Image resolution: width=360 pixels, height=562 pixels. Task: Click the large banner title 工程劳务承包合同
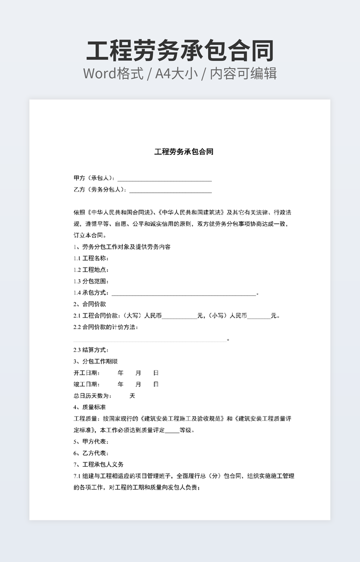click(180, 51)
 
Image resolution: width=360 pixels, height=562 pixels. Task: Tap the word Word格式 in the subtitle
click(113, 73)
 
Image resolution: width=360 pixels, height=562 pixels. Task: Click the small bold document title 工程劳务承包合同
click(184, 152)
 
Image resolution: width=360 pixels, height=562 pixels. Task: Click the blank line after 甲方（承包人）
click(165, 179)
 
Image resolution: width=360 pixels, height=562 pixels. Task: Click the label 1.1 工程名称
click(91, 258)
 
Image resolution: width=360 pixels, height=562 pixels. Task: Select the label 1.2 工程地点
click(91, 270)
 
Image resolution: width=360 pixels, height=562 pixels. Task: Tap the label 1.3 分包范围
click(91, 281)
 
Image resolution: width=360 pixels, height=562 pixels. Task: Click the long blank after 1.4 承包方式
click(184, 293)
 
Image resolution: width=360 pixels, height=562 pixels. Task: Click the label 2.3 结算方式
click(91, 350)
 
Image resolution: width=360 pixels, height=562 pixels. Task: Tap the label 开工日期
click(86, 373)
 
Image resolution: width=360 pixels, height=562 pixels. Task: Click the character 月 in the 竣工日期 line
click(138, 384)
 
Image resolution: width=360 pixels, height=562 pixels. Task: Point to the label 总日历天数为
click(92, 396)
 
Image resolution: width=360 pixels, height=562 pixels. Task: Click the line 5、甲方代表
click(91, 442)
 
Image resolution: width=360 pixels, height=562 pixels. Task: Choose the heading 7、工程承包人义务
click(99, 465)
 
